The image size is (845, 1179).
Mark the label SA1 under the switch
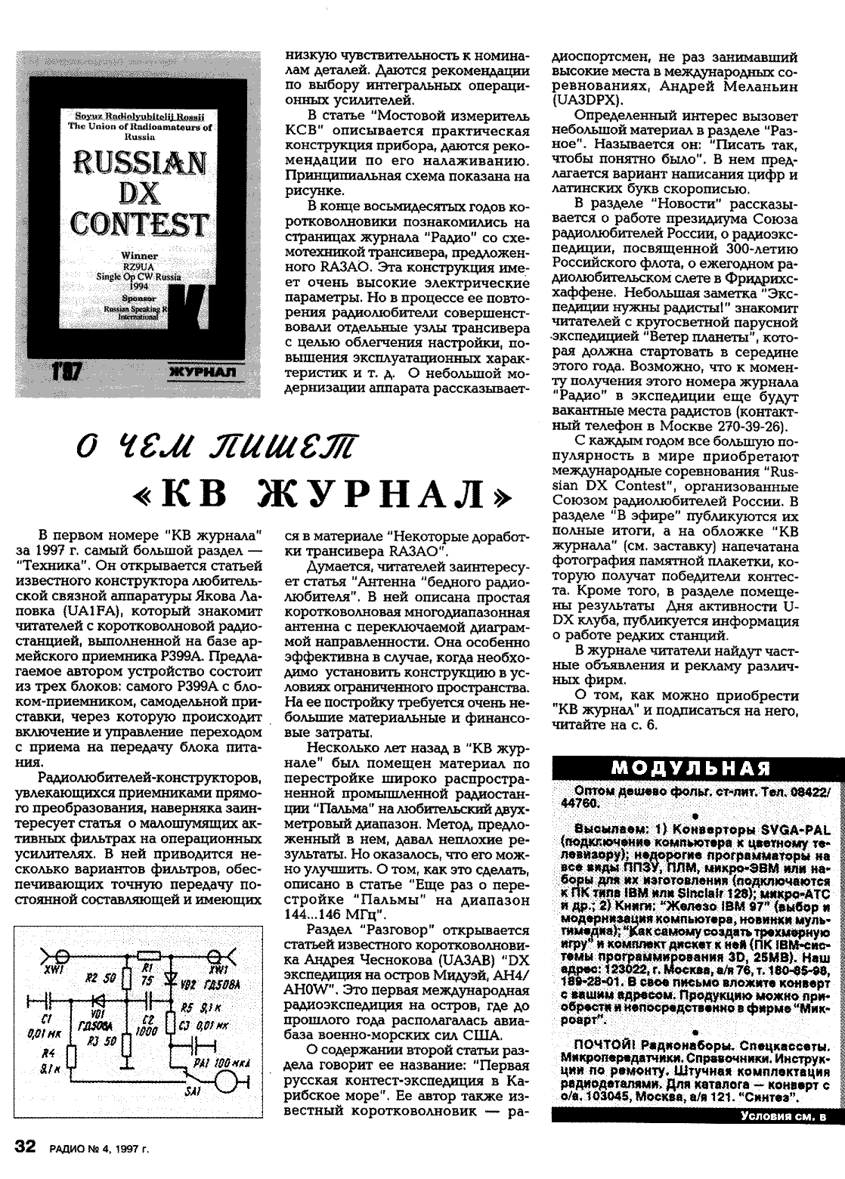coord(193,1093)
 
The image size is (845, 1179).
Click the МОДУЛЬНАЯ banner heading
coord(691,769)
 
